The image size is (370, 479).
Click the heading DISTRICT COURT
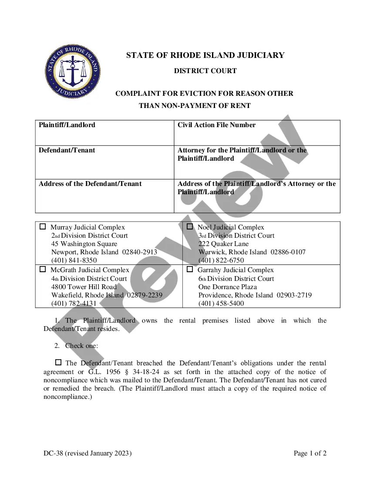click(x=205, y=71)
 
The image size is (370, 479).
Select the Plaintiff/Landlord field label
click(x=67, y=125)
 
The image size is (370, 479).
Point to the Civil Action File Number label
click(x=216, y=125)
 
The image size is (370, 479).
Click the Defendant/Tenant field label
click(x=67, y=150)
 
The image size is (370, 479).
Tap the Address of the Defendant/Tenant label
click(x=90, y=184)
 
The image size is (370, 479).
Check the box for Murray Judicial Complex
click(x=43, y=226)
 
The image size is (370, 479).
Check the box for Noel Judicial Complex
click(x=190, y=226)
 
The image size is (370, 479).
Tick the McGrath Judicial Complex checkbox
click(x=43, y=269)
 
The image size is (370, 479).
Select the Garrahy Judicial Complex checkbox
click(x=190, y=269)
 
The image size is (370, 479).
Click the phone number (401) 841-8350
click(x=74, y=260)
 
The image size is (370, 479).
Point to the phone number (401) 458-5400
click(x=221, y=304)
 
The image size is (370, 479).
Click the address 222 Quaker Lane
click(x=224, y=244)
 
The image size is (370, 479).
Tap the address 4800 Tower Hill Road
click(x=84, y=287)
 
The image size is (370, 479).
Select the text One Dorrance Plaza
click(x=228, y=287)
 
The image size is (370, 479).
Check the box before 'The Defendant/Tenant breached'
click(x=58, y=362)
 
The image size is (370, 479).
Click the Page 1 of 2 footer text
click(x=310, y=453)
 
